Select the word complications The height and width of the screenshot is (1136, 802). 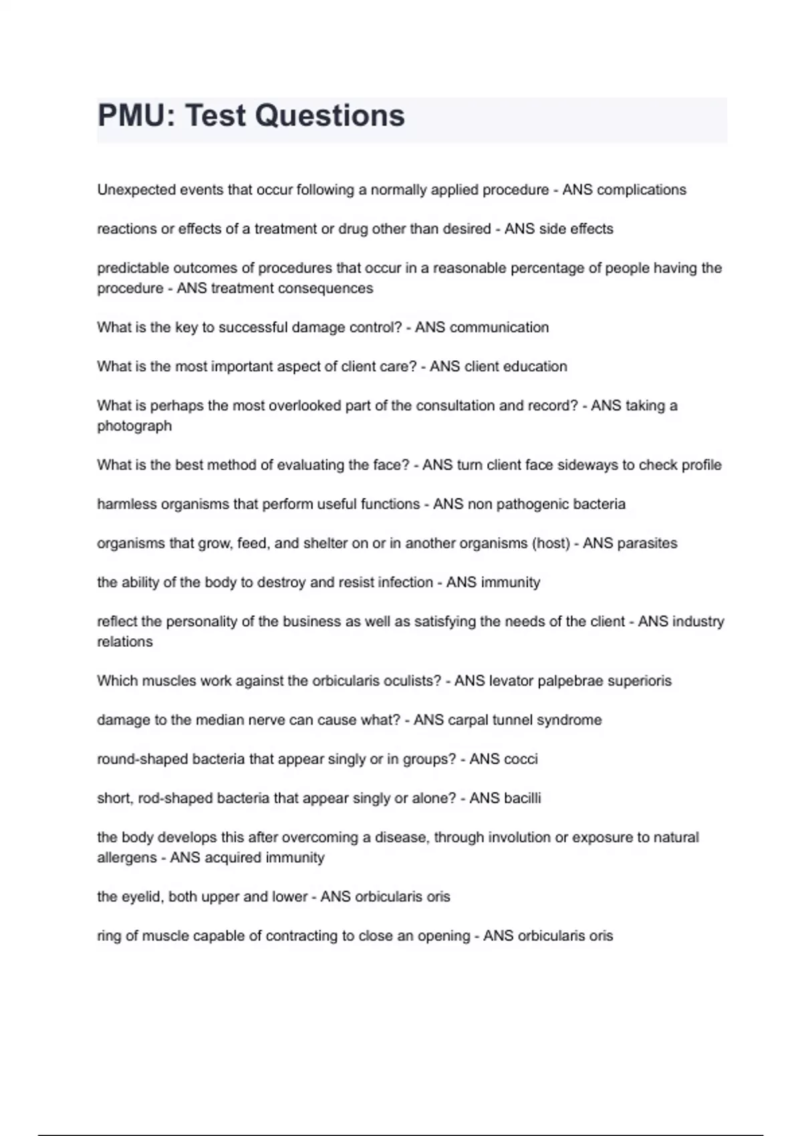point(641,190)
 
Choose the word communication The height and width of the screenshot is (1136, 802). point(499,327)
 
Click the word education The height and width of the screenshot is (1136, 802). point(534,367)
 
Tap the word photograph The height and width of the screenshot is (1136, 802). point(134,426)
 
